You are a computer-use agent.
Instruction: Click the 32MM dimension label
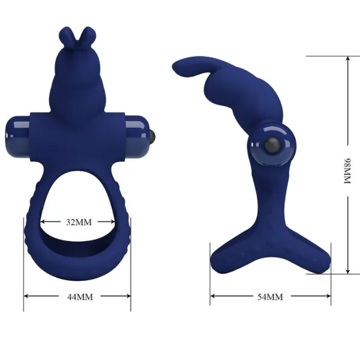coord(79,222)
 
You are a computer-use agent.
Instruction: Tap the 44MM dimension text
coord(77,296)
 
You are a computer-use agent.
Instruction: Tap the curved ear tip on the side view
coord(179,66)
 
